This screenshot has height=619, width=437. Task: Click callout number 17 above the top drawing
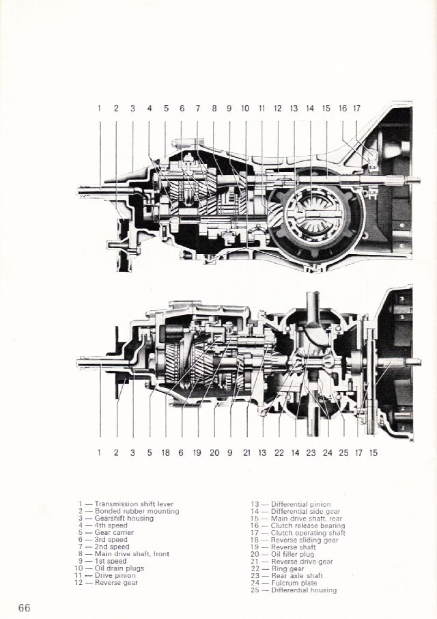point(356,108)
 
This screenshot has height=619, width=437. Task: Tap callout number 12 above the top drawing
point(277,108)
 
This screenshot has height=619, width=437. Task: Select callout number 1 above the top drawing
point(99,108)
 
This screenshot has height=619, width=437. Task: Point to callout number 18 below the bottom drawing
point(165,452)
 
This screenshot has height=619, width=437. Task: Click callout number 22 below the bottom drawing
point(279,452)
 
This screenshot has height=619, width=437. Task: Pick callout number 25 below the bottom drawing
point(343,452)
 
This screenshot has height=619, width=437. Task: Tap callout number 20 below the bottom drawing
point(214,452)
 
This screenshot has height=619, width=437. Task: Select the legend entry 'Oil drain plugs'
point(122,568)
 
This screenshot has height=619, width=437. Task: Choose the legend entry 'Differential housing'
point(304,590)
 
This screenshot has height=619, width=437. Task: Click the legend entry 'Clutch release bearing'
point(307,525)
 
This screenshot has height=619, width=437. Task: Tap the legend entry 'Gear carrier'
point(114,533)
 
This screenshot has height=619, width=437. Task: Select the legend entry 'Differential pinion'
point(300,504)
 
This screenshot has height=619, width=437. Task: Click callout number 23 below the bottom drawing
point(311,452)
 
